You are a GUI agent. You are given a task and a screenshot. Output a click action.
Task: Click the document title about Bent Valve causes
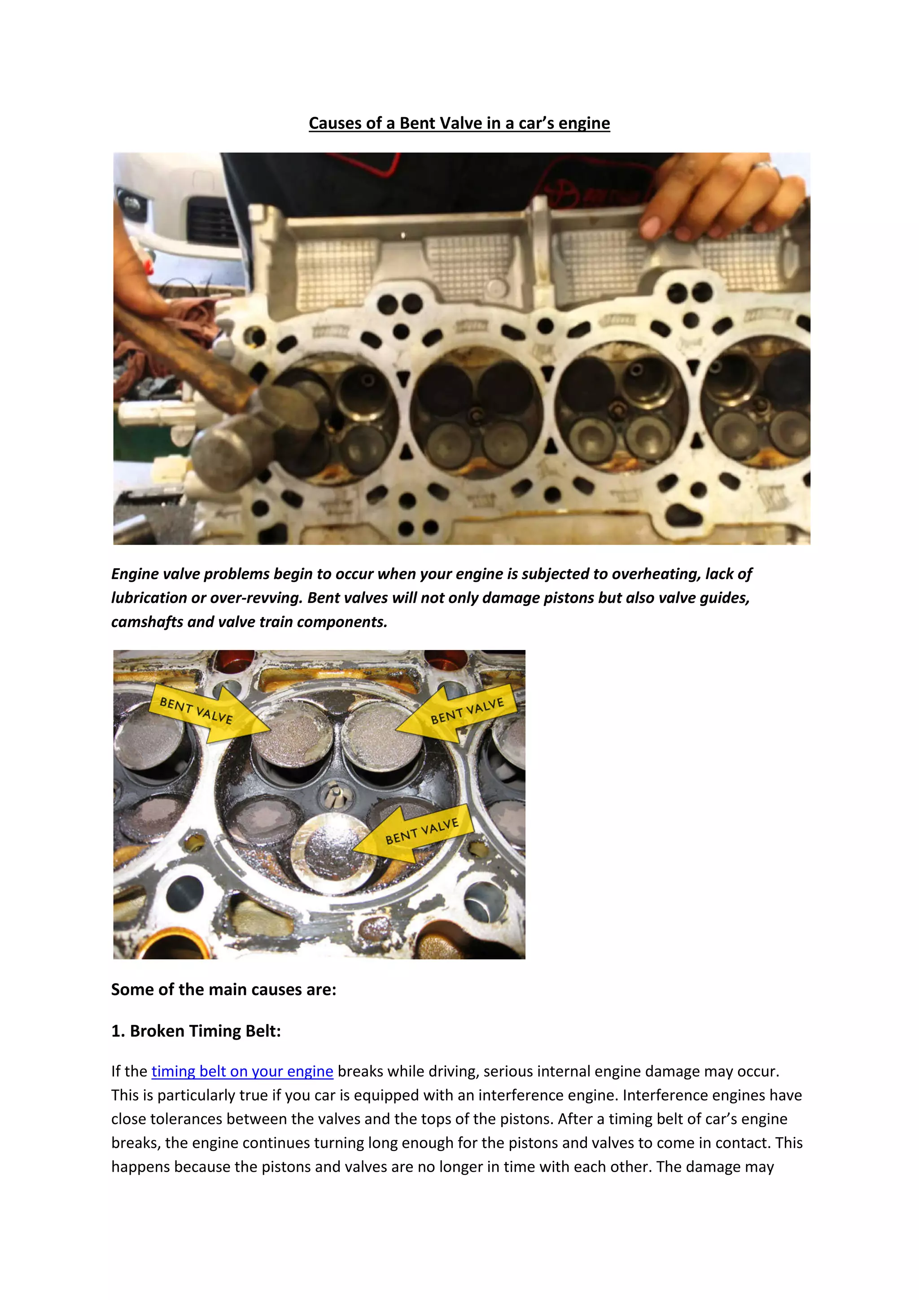click(x=459, y=123)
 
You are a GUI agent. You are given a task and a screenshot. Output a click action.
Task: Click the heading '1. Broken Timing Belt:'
click(x=196, y=1031)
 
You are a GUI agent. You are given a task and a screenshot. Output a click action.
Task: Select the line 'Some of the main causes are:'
click(x=223, y=990)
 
